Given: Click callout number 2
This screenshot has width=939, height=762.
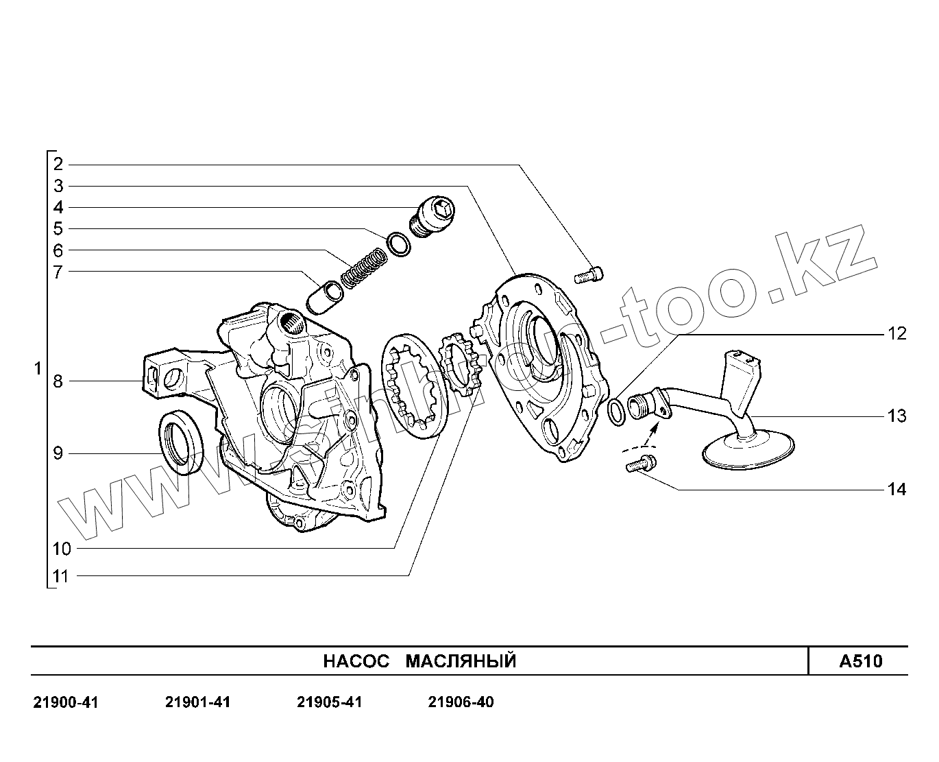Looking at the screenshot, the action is [x=58, y=164].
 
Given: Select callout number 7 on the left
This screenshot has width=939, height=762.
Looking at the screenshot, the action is [x=58, y=272].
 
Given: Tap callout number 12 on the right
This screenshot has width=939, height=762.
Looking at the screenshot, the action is [x=897, y=334].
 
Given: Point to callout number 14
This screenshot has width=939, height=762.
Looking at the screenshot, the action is [x=897, y=490].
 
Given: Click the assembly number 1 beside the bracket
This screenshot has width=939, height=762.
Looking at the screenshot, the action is [x=38, y=369].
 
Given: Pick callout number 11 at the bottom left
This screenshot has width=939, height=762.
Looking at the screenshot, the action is [x=61, y=576].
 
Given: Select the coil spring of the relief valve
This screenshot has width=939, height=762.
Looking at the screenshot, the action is [x=363, y=267].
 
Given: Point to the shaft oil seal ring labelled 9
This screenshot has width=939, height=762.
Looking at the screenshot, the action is [x=182, y=442].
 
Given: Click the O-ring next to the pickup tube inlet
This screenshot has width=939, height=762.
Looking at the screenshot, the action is [x=616, y=410].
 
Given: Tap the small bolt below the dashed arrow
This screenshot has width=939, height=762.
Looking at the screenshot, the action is [x=639, y=465].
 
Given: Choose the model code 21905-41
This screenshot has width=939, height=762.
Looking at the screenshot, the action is [x=330, y=702].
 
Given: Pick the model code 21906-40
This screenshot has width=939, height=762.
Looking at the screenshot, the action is [x=461, y=702].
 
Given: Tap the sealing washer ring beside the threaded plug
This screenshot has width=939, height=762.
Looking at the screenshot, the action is [x=398, y=243].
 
